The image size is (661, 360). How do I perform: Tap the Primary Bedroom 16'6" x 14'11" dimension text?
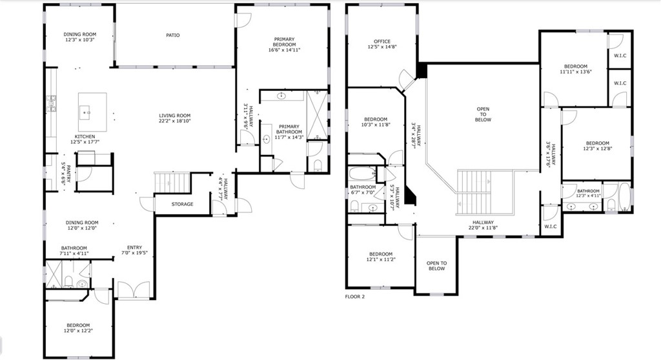click(284, 50)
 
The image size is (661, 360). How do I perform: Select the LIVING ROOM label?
click(175, 116)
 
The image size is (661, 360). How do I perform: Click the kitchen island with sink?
click(92, 112)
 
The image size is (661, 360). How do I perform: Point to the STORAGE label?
click(183, 205)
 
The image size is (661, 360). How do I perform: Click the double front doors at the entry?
click(133, 290)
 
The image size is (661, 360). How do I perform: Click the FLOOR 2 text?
click(355, 297)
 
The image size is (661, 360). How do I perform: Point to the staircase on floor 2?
click(484, 193)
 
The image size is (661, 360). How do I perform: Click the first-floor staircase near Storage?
click(172, 182)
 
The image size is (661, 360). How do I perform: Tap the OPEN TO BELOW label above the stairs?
click(483, 114)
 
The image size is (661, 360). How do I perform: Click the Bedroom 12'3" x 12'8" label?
click(597, 143)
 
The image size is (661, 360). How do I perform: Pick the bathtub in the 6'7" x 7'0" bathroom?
click(362, 175)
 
